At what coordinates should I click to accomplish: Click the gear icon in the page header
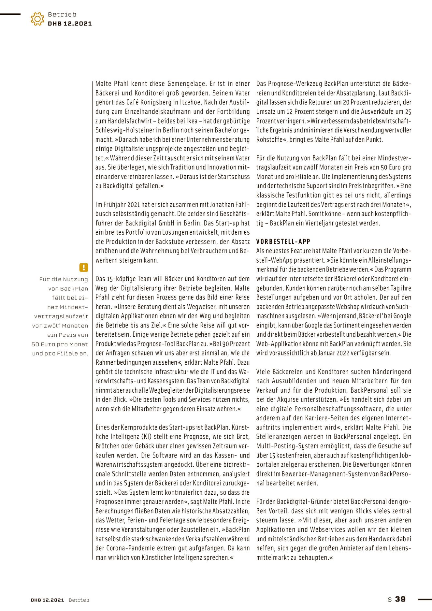click(37, 19)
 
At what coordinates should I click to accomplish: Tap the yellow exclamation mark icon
click(83, 268)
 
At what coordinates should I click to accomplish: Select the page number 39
click(400, 599)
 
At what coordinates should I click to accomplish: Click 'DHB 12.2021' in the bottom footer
click(48, 600)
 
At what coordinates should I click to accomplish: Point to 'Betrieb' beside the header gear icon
click(62, 14)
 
